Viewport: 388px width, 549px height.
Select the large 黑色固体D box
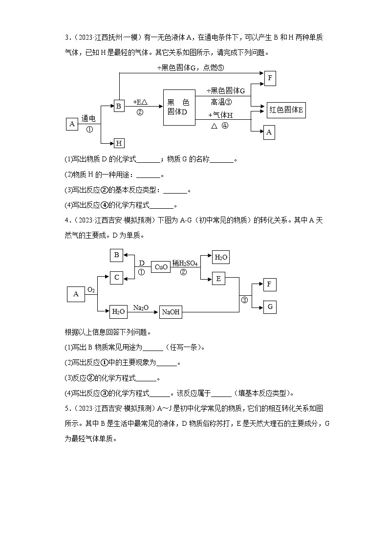(178, 107)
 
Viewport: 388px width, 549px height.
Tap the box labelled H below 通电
(119, 143)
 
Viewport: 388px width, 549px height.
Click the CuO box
(161, 267)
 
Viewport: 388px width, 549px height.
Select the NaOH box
(171, 312)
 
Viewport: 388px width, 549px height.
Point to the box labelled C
(116, 278)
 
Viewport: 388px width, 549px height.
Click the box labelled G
(270, 307)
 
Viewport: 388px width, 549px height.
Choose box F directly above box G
(270, 285)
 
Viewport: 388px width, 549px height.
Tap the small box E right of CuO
(218, 279)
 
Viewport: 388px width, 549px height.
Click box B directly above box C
(116, 255)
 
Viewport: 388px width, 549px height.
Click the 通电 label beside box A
(88, 118)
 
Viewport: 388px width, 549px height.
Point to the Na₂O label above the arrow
(141, 307)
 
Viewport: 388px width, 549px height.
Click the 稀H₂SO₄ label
(185, 263)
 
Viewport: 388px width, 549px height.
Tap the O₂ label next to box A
(91, 290)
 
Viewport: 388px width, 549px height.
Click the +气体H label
(220, 115)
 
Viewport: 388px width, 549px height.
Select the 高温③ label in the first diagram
(221, 102)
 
